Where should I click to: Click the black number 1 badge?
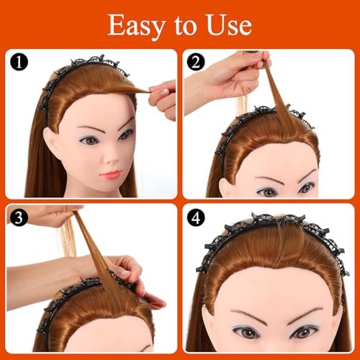[19, 62]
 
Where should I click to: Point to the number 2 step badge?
[196, 62]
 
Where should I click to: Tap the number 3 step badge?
[19, 217]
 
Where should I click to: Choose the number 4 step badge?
[196, 217]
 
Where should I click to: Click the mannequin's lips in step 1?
[110, 174]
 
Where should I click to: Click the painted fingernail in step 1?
[166, 92]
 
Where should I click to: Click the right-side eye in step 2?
[306, 187]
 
